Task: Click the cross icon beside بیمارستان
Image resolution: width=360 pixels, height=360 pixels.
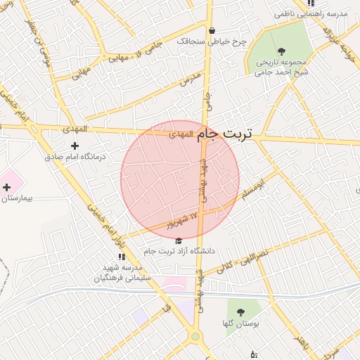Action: coord(7,187)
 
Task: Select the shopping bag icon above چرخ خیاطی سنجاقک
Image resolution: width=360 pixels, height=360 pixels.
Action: coord(212,30)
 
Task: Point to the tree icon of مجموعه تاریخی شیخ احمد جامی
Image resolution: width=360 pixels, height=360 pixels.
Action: coord(282,51)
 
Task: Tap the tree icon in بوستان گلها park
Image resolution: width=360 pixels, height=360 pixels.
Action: coord(241,311)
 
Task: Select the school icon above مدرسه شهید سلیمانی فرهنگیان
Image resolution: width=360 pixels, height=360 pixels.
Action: coord(122,257)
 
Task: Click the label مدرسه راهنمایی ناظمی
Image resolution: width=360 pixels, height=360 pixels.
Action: coord(311,14)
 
